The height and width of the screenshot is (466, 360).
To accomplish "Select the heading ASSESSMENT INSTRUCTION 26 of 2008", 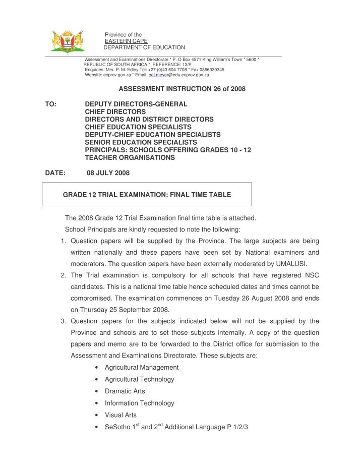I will click(x=182, y=89).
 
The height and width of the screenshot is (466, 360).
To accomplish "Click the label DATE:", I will click(x=55, y=173).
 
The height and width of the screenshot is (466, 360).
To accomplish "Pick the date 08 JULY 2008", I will click(x=108, y=173).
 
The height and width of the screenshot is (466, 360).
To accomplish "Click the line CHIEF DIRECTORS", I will click(x=115, y=111).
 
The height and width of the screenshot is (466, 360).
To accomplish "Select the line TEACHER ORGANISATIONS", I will click(x=130, y=157).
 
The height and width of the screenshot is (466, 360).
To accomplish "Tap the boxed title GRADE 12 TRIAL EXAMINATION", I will click(x=146, y=194).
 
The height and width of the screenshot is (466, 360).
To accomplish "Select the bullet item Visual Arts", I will click(x=121, y=415).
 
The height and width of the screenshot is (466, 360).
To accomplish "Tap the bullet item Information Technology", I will click(x=139, y=403).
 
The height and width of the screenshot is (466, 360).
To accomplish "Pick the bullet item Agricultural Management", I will click(x=141, y=367).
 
